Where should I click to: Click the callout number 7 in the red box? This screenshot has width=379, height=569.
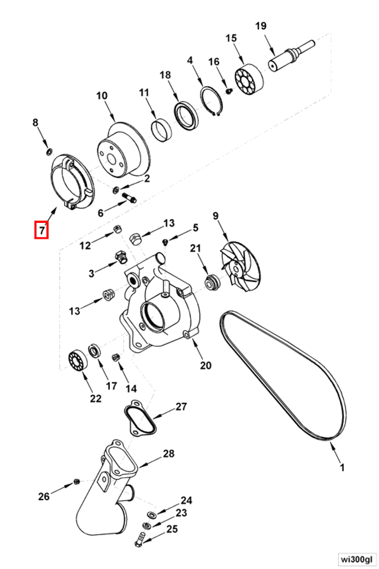[41, 230]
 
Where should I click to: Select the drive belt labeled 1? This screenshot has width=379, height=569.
[344, 399]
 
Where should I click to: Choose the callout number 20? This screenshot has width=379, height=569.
[205, 366]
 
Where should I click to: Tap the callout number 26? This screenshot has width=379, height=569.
[44, 496]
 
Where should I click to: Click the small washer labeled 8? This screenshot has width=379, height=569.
[49, 151]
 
